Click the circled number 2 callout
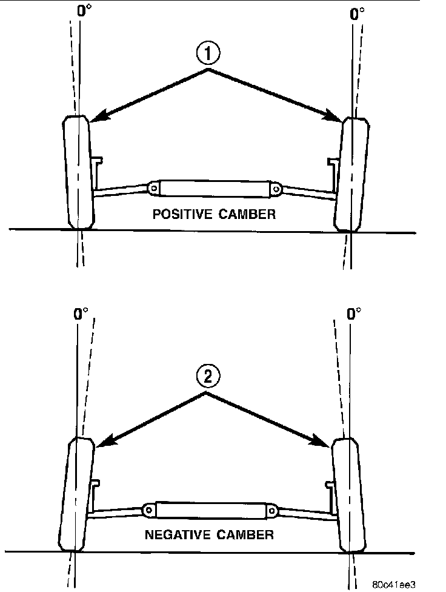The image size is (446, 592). coord(208,377)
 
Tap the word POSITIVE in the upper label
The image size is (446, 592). coord(177,214)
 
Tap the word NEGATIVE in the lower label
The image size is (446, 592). coord(172,535)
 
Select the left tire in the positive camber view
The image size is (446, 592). coord(78,173)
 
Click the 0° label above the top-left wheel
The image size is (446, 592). coord(84,11)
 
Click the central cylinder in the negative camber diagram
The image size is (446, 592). coord(210,511)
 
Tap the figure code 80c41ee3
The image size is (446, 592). coord(394,584)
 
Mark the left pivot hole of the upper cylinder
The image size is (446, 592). coord(155,189)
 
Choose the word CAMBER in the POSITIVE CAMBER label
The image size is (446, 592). coord(248,214)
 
